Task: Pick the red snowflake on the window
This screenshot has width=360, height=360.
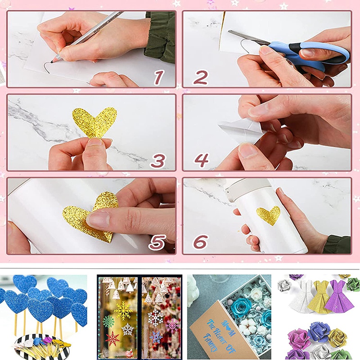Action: click(x=112, y=338)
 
